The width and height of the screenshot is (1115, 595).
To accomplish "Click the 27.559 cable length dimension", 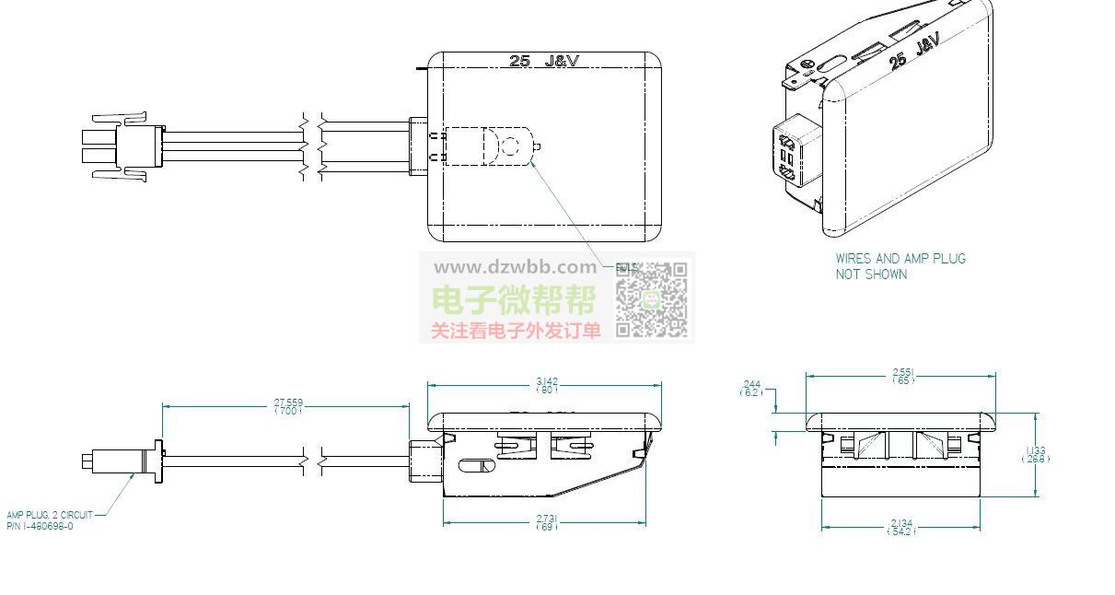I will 288,406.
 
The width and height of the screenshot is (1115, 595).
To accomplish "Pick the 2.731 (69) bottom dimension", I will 546,522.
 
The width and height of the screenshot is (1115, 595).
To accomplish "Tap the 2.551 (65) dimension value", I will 902,376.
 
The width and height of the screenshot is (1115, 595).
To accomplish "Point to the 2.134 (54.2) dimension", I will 901,528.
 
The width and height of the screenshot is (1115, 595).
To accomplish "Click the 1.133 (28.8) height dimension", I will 1035,454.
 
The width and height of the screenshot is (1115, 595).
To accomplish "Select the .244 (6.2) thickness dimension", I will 751,388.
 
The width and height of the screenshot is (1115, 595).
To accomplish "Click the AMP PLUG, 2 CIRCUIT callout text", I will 50,520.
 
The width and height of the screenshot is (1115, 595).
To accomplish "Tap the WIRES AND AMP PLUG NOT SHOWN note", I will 900,266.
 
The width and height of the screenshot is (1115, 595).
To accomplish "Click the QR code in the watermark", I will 652,299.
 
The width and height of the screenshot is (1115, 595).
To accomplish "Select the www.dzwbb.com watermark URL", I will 515,267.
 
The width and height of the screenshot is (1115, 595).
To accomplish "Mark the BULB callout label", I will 626,267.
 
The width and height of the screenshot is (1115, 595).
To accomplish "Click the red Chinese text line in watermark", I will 516,331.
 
